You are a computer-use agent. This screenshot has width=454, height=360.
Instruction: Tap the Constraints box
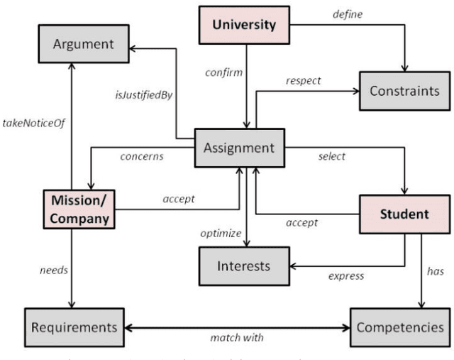coord(404,92)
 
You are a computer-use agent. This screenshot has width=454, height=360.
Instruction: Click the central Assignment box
coord(239,148)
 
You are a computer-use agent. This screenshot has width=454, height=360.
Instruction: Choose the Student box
coord(404,213)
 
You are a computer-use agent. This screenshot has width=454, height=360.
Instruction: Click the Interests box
coord(243,266)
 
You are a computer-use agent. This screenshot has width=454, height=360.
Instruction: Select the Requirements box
coord(74,327)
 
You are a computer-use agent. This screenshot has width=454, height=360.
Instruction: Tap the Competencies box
coord(401,327)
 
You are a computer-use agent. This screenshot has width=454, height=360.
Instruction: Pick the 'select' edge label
coord(331,156)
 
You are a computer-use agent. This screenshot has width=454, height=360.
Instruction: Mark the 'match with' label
coord(236,338)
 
